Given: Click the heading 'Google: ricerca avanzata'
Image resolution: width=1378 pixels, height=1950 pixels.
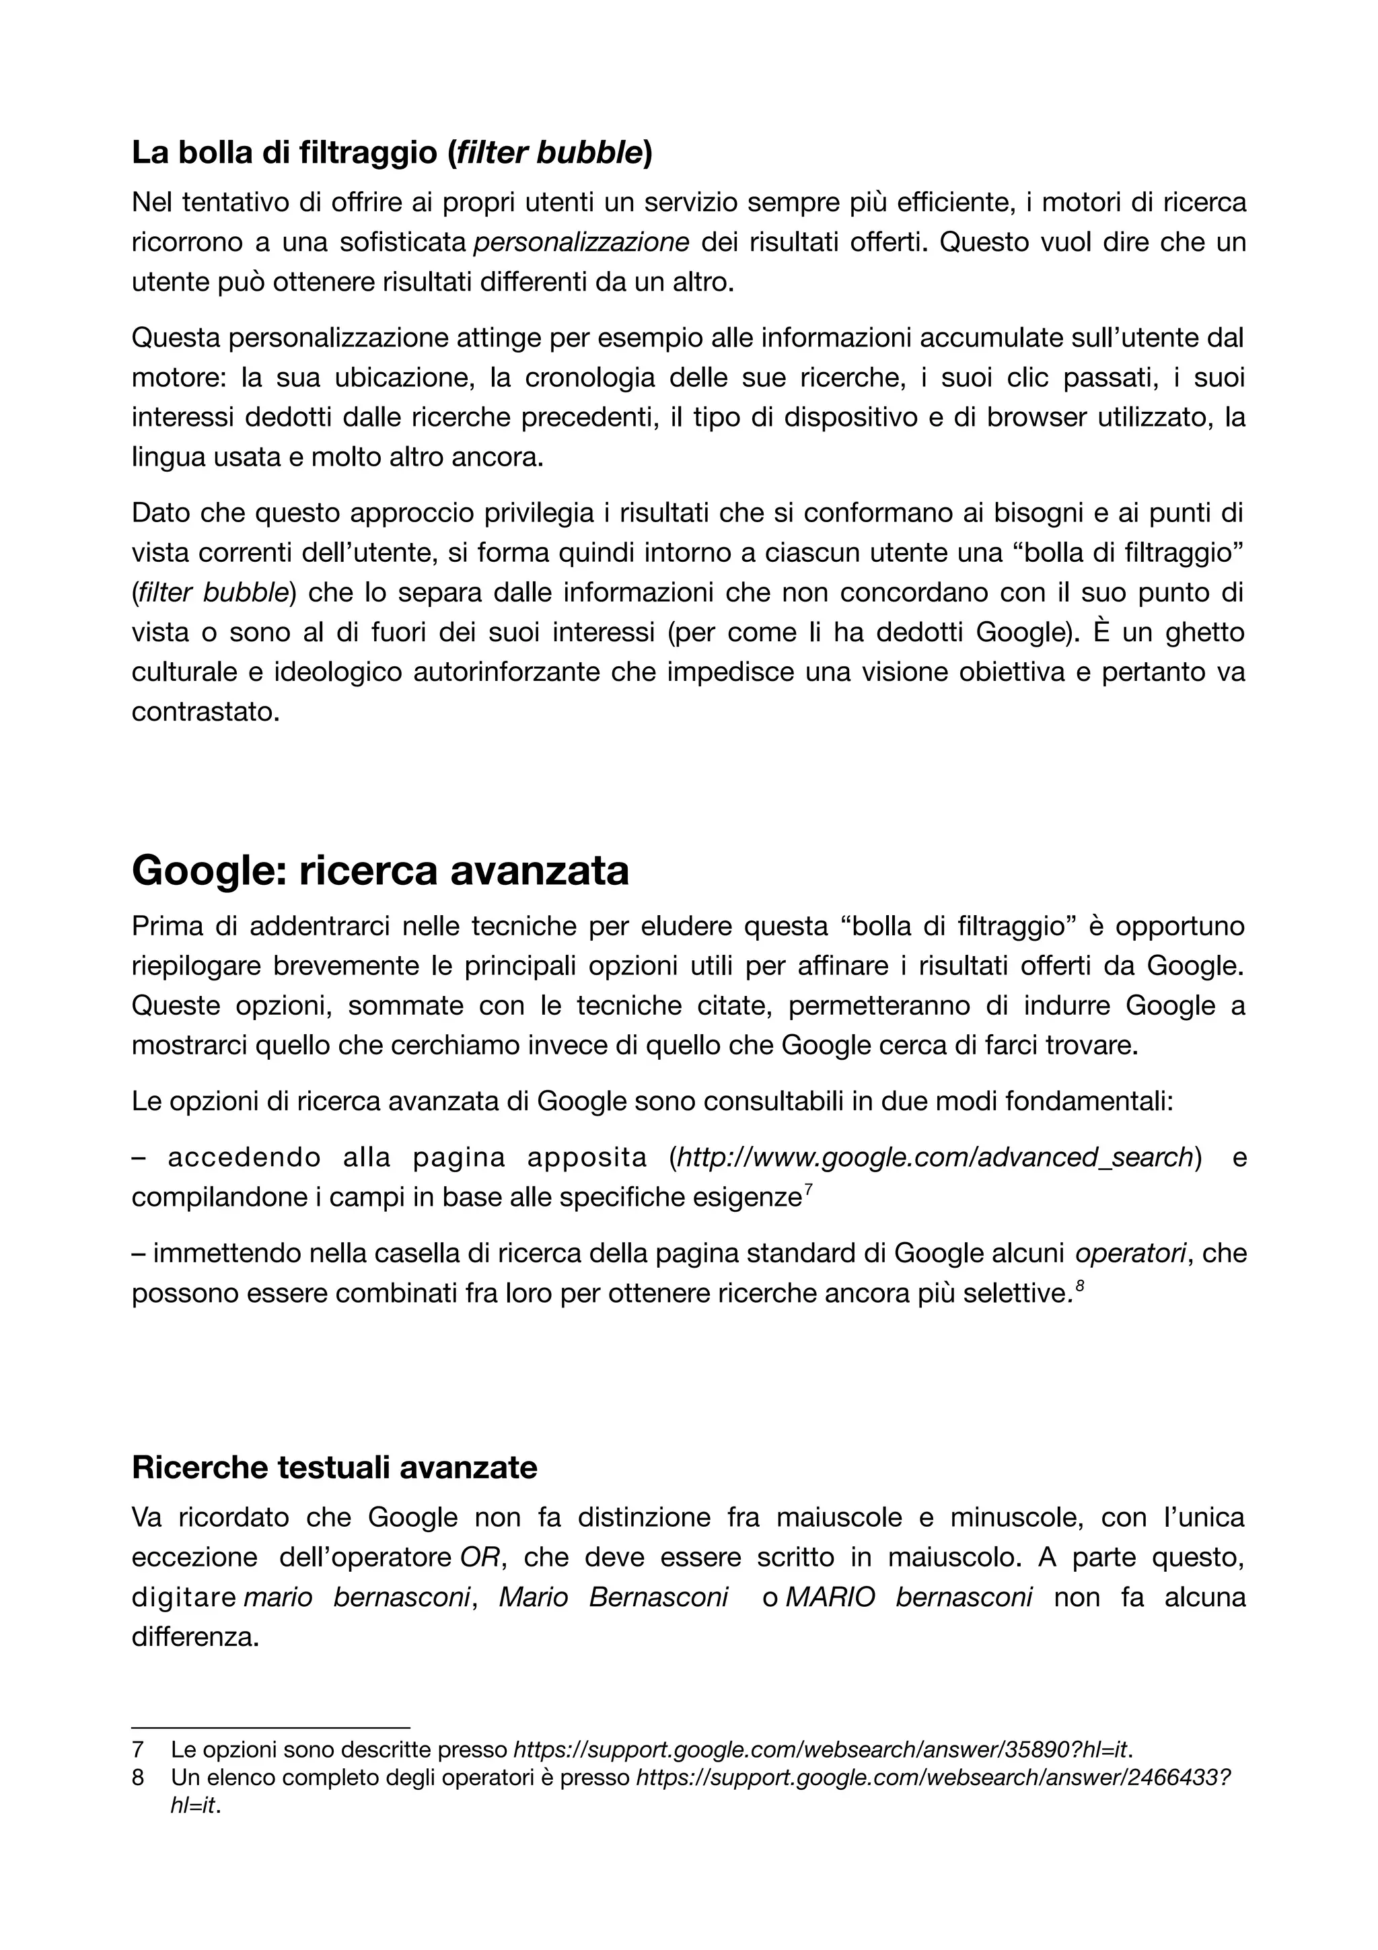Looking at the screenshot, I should click(x=380, y=871).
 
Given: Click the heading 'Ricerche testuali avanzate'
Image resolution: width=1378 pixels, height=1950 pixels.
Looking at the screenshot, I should click(x=334, y=1467).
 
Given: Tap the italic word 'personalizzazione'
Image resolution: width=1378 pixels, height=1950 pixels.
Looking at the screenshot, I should click(x=581, y=243).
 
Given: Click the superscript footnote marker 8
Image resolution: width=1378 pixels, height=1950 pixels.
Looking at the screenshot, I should click(x=1080, y=1287).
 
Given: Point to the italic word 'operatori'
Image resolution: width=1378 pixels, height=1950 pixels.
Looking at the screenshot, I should click(x=1130, y=1254).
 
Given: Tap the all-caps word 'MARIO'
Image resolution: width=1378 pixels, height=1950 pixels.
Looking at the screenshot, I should click(x=830, y=1597).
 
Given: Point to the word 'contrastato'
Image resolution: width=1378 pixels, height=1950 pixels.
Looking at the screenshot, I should click(x=205, y=713).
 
